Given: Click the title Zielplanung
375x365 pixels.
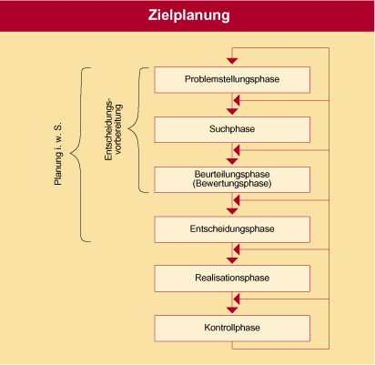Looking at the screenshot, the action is (x=188, y=15).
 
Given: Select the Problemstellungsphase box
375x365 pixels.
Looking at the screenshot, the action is (x=232, y=80).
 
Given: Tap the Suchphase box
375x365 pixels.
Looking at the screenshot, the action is (x=232, y=129).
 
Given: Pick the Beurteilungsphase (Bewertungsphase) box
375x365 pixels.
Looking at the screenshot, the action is (x=232, y=179).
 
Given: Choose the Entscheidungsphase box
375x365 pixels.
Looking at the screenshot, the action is (x=232, y=229).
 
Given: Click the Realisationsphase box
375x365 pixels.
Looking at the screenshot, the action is (x=232, y=279).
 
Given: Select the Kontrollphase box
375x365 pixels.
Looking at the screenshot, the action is (x=232, y=329).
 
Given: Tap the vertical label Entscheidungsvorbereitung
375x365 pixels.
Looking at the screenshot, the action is (x=113, y=129).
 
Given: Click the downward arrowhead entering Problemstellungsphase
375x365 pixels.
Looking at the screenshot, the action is (x=232, y=61).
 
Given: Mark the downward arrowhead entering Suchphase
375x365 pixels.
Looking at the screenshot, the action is (x=232, y=111).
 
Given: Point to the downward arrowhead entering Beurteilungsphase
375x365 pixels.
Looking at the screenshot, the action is (x=232, y=161).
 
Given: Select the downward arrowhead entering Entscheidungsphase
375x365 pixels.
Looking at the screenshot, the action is (x=232, y=211).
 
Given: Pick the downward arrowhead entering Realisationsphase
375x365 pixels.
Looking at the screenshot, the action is (x=232, y=260).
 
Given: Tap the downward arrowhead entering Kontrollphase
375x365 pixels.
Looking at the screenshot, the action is (x=232, y=310).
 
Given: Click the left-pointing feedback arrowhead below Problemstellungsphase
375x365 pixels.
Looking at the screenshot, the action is (x=237, y=100).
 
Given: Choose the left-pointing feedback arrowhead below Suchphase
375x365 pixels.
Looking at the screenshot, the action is (x=237, y=150).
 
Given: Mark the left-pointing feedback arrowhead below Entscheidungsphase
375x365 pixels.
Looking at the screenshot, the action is (x=237, y=249).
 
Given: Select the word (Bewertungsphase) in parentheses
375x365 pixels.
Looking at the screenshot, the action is (x=232, y=184).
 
